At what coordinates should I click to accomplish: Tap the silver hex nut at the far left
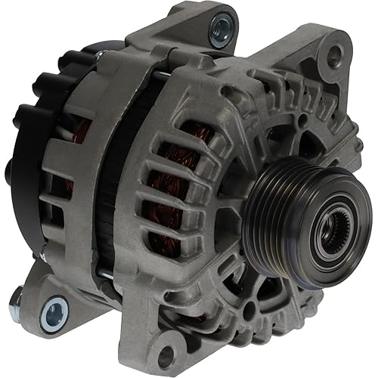click(x=15, y=305)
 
